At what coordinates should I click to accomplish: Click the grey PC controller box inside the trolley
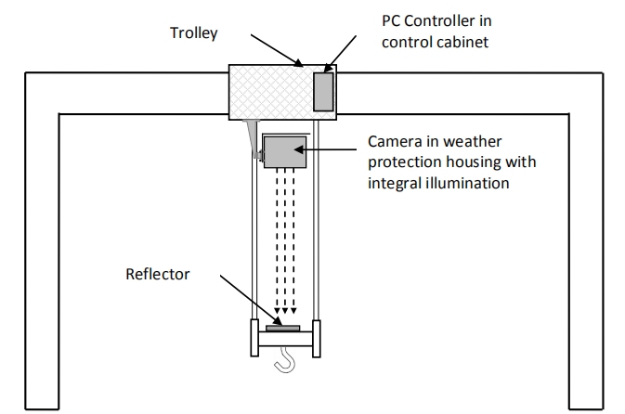click(323, 91)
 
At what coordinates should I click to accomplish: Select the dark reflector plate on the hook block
click(282, 328)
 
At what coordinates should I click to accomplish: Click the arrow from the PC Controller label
click(341, 54)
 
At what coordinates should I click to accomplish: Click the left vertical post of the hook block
click(254, 337)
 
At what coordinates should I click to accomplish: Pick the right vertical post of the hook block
click(317, 337)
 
